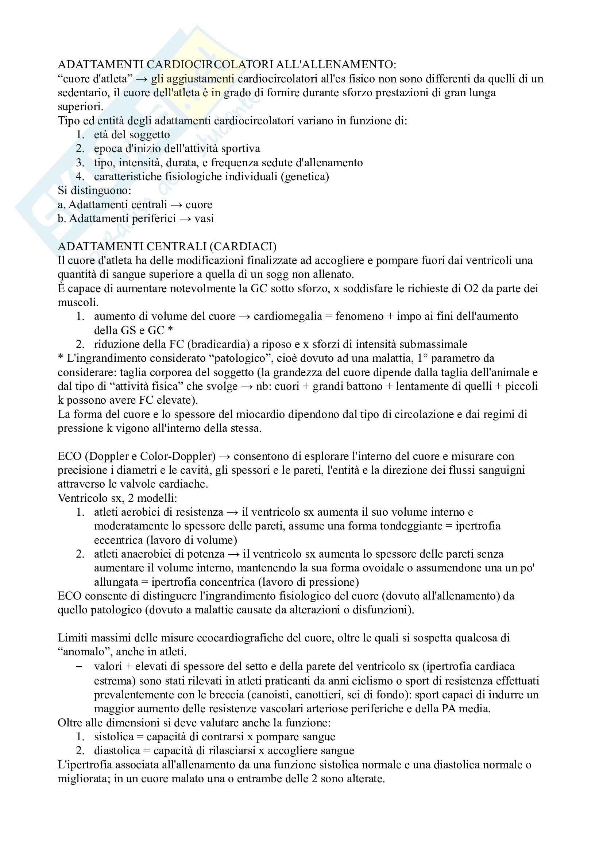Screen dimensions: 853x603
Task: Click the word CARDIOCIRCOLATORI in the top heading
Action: pos(210,65)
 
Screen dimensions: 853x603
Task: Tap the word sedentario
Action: pos(84,93)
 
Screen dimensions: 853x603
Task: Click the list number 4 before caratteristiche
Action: pos(80,177)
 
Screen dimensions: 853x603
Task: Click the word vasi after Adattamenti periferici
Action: pos(204,218)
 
